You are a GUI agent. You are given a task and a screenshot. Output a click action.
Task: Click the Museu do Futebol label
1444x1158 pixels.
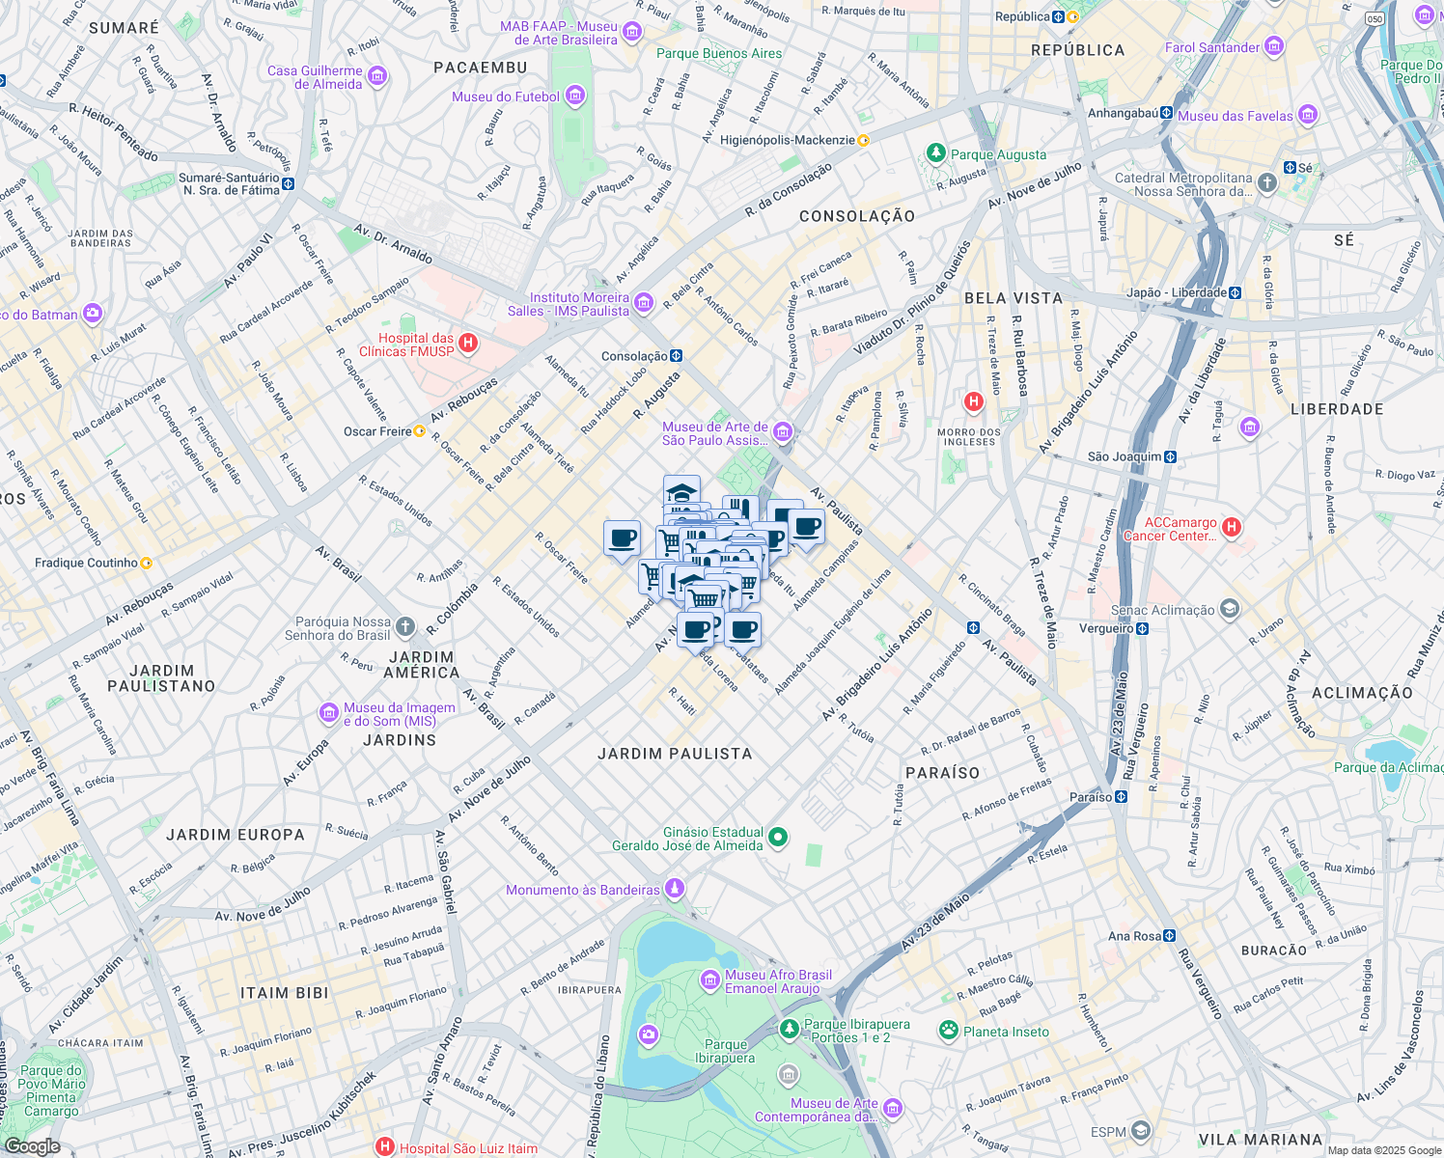[506, 96]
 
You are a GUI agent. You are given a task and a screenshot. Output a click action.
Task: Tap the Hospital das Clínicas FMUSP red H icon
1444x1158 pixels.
[468, 344]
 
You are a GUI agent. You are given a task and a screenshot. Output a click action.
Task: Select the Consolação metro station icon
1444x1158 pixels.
[677, 356]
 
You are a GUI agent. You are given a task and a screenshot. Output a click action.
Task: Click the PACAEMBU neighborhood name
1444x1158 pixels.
[481, 68]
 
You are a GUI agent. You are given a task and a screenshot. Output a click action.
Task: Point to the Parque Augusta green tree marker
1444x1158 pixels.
[935, 153]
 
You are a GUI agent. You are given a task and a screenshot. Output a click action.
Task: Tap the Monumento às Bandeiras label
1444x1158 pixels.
[583, 890]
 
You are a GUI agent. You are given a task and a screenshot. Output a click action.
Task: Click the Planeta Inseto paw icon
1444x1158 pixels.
[949, 1031]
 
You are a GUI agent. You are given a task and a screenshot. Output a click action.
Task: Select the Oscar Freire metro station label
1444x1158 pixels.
[377, 431]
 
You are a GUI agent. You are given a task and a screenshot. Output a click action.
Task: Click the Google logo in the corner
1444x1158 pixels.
[32, 1146]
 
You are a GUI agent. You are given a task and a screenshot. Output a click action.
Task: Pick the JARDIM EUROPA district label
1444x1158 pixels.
[236, 835]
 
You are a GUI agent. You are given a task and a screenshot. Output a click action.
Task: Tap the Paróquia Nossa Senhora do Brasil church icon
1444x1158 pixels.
[405, 628]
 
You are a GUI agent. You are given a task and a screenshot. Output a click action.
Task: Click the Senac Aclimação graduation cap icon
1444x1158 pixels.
[1230, 609]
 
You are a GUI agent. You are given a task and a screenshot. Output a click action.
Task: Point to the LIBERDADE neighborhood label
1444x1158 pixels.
[1337, 409]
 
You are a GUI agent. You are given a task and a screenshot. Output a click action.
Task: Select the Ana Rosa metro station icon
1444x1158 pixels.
[1170, 936]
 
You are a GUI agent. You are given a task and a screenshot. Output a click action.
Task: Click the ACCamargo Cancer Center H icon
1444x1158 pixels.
[1232, 528]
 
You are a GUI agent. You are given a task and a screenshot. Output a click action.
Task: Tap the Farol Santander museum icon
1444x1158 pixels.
[1274, 46]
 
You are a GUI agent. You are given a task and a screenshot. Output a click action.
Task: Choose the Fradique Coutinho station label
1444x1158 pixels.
[86, 563]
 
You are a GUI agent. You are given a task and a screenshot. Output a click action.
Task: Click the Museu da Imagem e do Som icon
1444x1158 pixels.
[329, 713]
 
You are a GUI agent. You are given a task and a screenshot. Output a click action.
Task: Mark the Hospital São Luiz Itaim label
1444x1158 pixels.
[468, 1148]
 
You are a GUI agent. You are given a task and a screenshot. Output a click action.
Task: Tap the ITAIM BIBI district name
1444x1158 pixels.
[285, 993]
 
